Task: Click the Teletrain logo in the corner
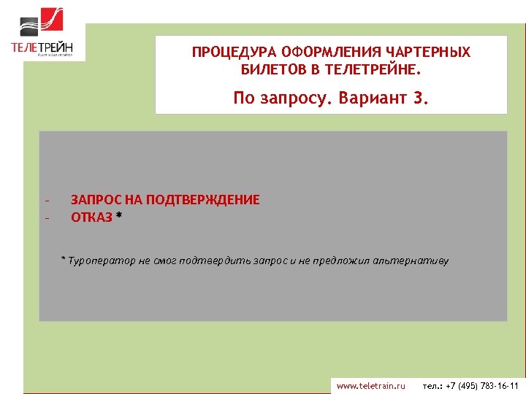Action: (42, 31)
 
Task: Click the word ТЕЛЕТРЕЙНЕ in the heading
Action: (373, 70)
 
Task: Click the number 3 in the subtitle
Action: (419, 98)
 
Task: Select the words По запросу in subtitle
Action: (281, 98)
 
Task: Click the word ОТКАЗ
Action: (91, 217)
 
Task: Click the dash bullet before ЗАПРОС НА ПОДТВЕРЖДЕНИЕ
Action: (46, 201)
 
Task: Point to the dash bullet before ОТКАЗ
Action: (46, 217)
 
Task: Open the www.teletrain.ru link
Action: (370, 385)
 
